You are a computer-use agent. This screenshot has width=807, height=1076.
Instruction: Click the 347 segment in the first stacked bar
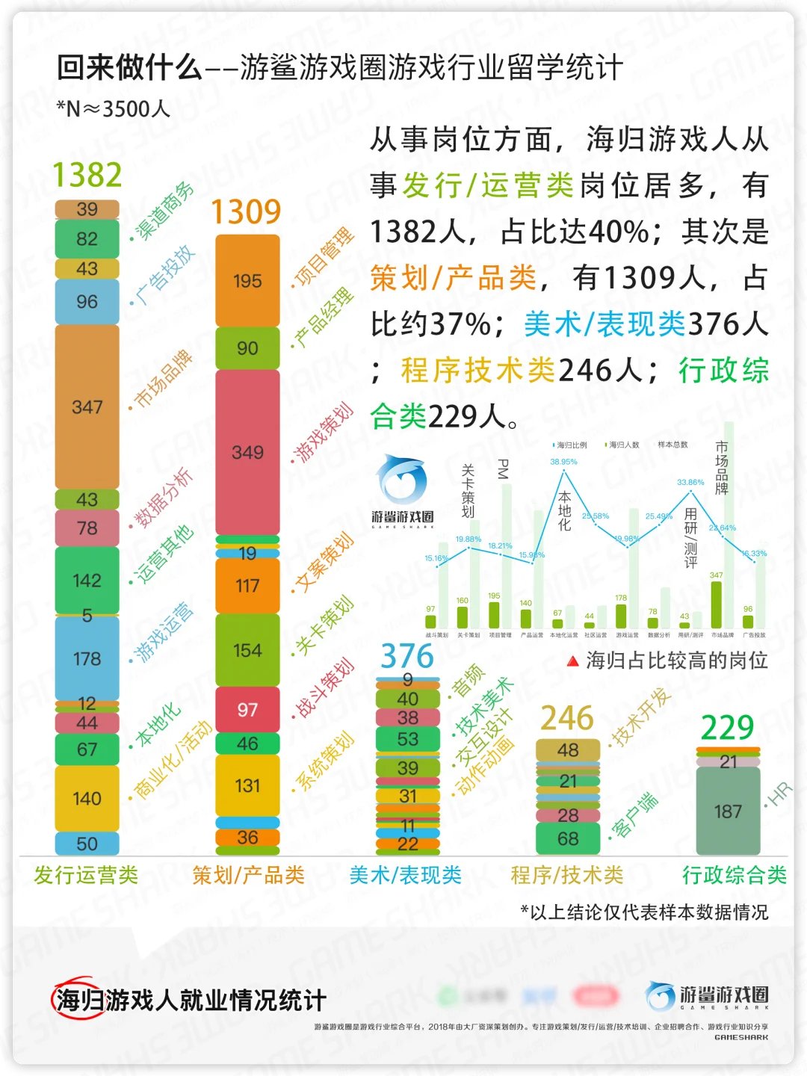click(x=87, y=406)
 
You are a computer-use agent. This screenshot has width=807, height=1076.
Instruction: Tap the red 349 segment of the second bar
click(x=247, y=452)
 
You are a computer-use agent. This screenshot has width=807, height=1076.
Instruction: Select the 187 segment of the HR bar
click(x=728, y=811)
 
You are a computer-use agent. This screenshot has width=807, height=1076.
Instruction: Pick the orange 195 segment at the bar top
click(x=247, y=281)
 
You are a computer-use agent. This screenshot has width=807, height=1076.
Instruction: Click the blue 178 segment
click(x=87, y=658)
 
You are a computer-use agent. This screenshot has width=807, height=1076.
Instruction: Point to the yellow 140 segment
click(x=87, y=798)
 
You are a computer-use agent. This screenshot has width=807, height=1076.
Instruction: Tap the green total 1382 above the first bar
click(x=87, y=176)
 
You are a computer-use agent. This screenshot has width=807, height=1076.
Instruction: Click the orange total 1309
click(x=246, y=212)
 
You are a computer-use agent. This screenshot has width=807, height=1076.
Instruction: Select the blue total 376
click(x=407, y=656)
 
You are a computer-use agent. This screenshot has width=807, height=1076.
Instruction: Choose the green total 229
click(x=727, y=727)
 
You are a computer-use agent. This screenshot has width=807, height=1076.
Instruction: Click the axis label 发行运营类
click(x=86, y=875)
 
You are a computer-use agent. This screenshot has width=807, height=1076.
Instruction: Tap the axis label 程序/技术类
click(x=567, y=875)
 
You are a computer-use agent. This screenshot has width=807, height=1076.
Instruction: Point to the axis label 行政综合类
click(x=735, y=875)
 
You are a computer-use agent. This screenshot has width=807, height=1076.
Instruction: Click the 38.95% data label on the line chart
click(x=563, y=462)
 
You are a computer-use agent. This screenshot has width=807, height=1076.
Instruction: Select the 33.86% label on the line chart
click(x=690, y=482)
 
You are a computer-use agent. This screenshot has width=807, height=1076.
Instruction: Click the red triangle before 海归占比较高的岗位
click(x=572, y=661)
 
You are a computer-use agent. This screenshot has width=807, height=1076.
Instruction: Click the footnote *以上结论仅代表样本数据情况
click(x=644, y=912)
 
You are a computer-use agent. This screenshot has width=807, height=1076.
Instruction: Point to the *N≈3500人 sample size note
click(x=114, y=109)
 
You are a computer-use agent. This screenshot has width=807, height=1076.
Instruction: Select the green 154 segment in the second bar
click(x=247, y=650)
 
